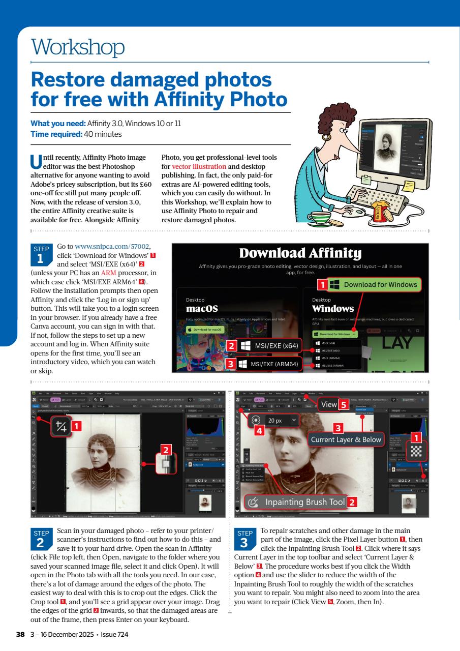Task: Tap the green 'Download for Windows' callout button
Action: tap(375, 284)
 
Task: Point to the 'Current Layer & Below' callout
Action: tap(346, 439)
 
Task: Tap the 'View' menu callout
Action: tap(327, 404)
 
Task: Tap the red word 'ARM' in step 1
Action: tap(109, 273)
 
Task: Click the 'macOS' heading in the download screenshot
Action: tap(202, 309)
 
